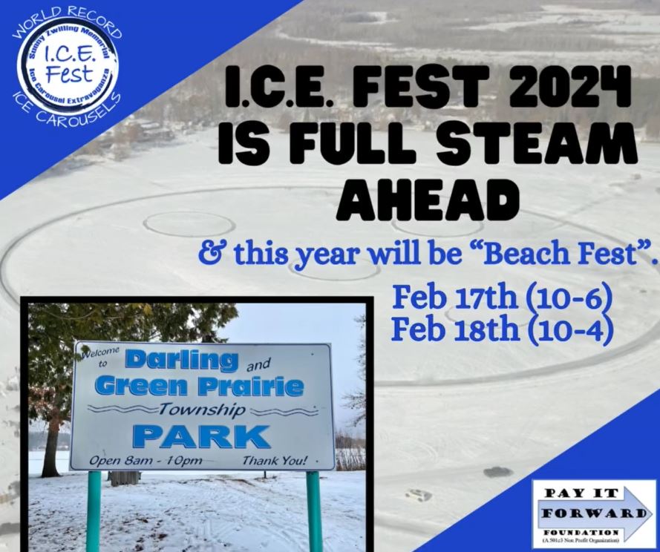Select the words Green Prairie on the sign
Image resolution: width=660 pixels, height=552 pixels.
click(200, 386)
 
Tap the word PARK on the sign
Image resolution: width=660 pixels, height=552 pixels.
click(201, 436)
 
